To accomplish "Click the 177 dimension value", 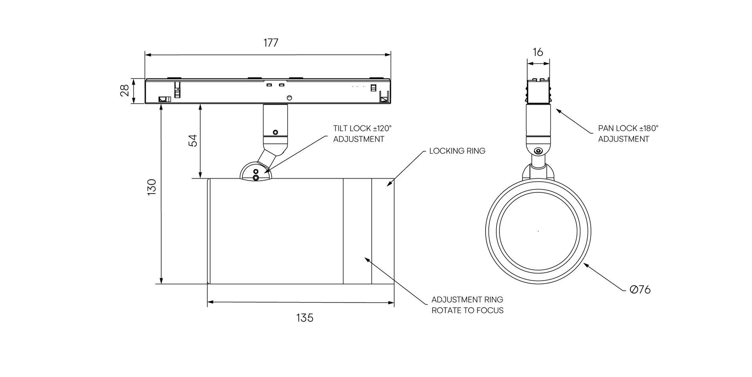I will click(271, 43).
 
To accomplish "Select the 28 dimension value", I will click(125, 91).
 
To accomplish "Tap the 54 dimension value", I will click(193, 140).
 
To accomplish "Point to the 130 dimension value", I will click(152, 187).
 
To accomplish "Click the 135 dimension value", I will click(305, 318).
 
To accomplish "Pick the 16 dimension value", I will click(538, 52).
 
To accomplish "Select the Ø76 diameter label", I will click(640, 290).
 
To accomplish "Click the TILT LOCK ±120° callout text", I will click(362, 129).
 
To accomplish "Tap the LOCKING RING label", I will click(457, 151).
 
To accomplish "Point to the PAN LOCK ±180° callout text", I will click(628, 129).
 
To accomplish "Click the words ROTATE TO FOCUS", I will click(467, 310).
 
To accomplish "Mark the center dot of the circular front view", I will click(538, 231).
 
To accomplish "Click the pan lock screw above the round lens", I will click(539, 151).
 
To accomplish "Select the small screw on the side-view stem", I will click(275, 132).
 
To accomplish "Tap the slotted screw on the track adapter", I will click(290, 97).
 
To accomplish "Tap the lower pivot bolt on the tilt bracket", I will click(256, 178).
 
